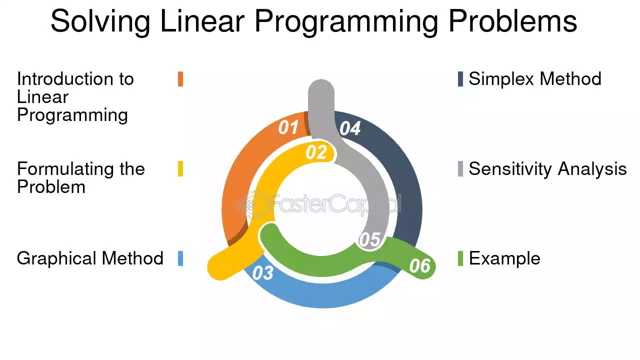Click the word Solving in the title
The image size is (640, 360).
(x=100, y=21)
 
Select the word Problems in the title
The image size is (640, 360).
(x=513, y=21)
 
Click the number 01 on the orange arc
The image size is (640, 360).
(x=288, y=127)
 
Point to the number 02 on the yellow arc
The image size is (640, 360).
(x=316, y=152)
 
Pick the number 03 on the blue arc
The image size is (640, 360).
(x=263, y=273)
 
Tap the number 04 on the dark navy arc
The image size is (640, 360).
(x=350, y=128)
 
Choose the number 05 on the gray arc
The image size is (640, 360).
(x=369, y=239)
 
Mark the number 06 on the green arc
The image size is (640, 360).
(x=419, y=265)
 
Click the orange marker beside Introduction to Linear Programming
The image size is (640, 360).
(x=180, y=79)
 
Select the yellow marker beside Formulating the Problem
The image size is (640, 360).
(x=180, y=169)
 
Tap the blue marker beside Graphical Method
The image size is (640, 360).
(x=180, y=258)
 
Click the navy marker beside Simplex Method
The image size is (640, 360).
(x=460, y=79)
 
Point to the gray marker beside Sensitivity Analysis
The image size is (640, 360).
(x=460, y=169)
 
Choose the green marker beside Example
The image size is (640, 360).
(x=460, y=258)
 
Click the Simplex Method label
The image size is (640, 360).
(x=535, y=79)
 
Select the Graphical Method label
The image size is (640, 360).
(x=90, y=258)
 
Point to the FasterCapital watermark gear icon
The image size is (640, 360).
(x=253, y=205)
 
